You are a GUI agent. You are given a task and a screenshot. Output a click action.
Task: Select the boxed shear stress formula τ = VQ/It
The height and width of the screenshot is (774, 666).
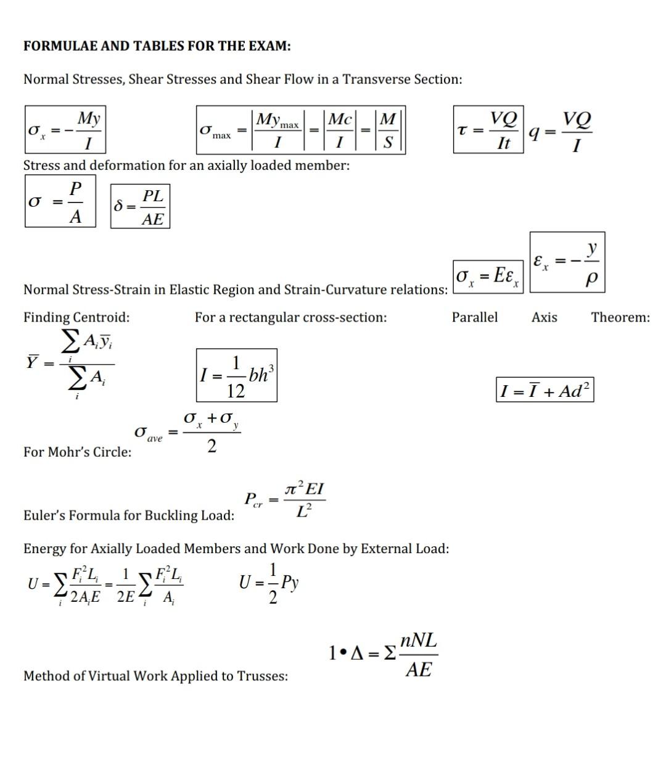488,130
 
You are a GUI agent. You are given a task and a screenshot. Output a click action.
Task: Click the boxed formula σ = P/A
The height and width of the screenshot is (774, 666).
60,201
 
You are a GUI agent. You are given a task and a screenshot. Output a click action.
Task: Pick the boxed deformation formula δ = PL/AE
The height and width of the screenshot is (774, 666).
140,207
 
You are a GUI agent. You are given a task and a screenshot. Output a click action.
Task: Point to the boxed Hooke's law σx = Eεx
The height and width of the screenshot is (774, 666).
488,276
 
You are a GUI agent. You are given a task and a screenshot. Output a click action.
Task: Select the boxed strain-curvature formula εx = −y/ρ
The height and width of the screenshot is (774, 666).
567,262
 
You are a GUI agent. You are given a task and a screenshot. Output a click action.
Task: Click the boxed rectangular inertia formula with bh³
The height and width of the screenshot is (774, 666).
237,375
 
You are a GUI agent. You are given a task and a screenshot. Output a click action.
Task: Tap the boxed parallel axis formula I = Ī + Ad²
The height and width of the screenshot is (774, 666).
545,390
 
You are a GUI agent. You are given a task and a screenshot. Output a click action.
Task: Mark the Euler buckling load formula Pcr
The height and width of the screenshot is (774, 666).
285,499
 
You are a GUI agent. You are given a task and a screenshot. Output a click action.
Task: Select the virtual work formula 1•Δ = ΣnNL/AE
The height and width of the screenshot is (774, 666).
384,654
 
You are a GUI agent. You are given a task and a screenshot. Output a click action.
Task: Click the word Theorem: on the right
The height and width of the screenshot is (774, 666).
620,317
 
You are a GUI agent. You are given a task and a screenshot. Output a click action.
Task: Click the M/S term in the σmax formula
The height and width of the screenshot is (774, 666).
388,130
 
